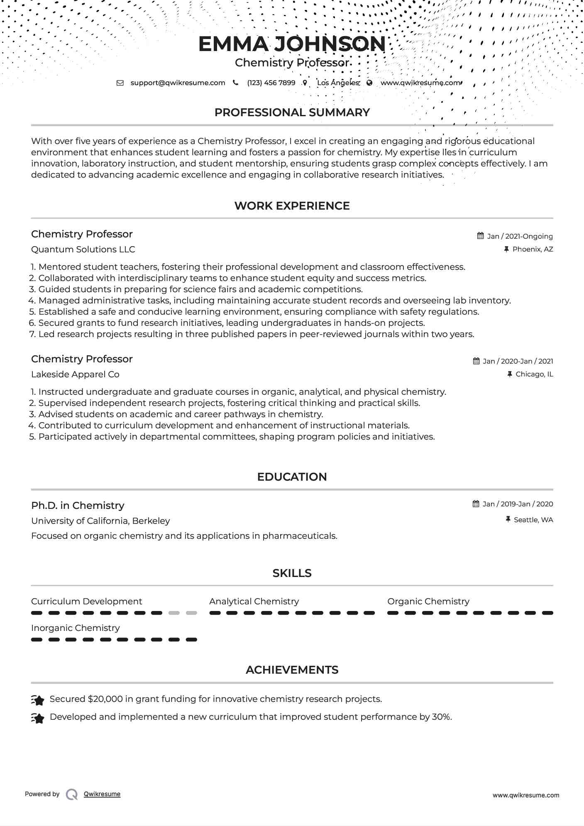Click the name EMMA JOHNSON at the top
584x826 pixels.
point(292,44)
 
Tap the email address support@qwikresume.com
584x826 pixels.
point(178,83)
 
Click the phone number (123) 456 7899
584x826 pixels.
point(271,83)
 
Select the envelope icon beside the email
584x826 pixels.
point(120,83)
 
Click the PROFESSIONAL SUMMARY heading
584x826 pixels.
point(292,112)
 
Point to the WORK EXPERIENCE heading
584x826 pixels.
point(292,206)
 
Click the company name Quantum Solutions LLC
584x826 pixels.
point(83,249)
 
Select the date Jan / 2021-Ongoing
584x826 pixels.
point(520,236)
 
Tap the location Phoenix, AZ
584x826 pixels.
point(533,249)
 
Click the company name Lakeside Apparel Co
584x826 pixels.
point(75,374)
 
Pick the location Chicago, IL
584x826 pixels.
point(534,374)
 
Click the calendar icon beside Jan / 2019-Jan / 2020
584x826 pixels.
point(476,504)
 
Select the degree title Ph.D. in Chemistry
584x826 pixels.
point(78,506)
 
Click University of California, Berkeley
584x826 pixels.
point(100,521)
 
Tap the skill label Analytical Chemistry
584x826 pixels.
point(254,601)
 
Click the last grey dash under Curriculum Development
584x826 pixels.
point(191,613)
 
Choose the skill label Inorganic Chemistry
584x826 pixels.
point(75,628)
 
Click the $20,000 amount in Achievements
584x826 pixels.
point(105,699)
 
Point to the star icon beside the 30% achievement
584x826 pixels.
point(38,718)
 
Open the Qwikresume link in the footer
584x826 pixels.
point(102,794)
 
